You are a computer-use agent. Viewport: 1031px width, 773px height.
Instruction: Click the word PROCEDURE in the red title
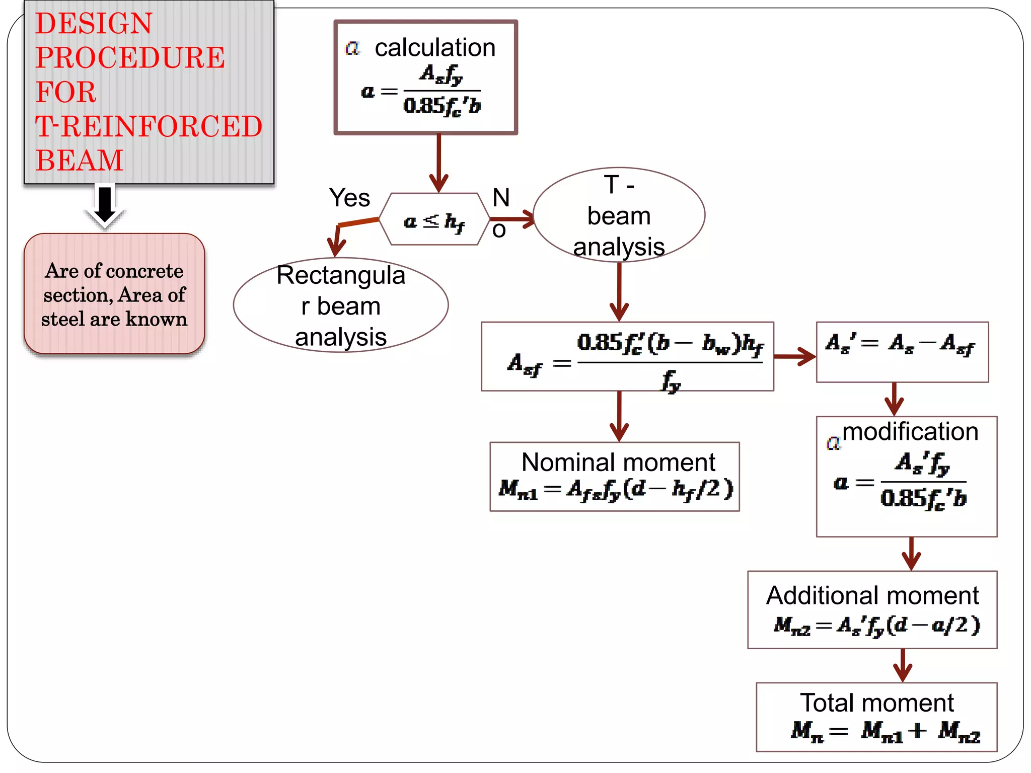click(x=130, y=57)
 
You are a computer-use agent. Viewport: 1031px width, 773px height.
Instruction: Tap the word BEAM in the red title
click(x=80, y=161)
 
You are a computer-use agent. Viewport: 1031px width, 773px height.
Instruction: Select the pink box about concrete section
click(x=114, y=294)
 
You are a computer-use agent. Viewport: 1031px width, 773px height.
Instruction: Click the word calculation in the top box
click(x=435, y=48)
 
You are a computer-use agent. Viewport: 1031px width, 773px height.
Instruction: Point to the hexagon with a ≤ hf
click(x=434, y=220)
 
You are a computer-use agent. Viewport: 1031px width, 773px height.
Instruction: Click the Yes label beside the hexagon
click(x=349, y=198)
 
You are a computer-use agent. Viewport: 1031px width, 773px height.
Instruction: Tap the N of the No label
click(x=501, y=198)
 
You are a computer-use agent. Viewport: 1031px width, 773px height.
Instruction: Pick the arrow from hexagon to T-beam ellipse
click(x=512, y=219)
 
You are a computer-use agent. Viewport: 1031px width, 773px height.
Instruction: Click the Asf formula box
click(x=627, y=357)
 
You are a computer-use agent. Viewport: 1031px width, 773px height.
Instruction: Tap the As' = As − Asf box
click(x=902, y=352)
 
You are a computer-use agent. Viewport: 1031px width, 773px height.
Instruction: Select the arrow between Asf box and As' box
click(x=794, y=356)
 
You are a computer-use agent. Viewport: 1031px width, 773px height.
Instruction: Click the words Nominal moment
click(x=618, y=462)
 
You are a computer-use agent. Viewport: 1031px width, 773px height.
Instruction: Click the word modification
click(x=910, y=432)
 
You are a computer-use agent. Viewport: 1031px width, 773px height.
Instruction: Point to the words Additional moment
click(x=872, y=595)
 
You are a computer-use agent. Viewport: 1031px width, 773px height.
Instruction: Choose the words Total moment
click(x=877, y=703)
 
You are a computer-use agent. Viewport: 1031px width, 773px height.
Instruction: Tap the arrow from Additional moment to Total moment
click(x=903, y=665)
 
